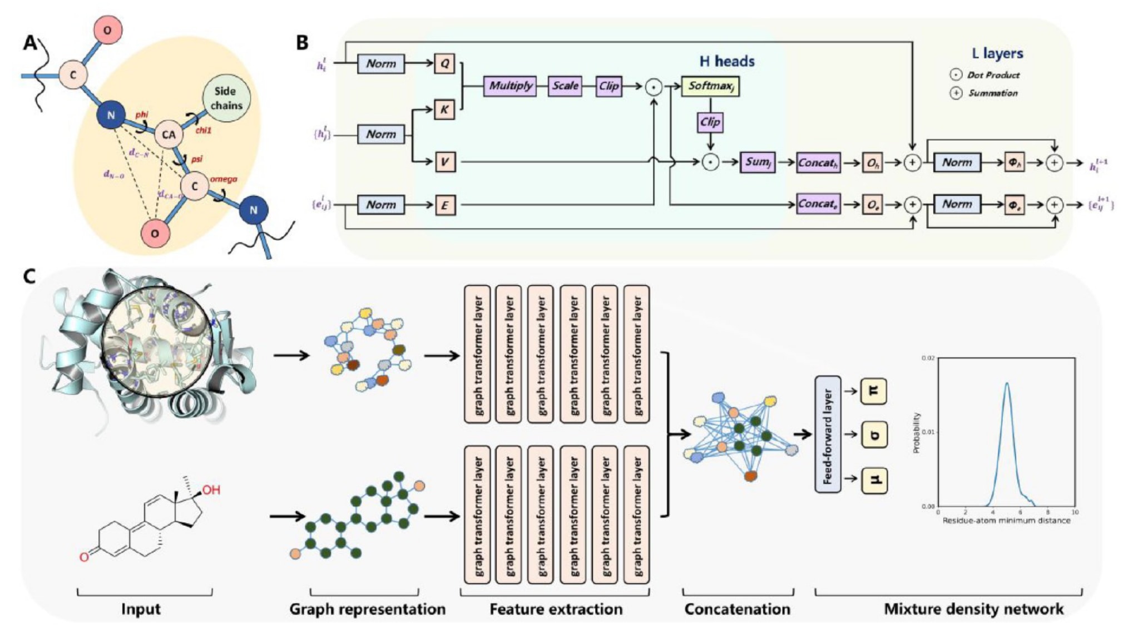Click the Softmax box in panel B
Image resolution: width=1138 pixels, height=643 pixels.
tap(710, 86)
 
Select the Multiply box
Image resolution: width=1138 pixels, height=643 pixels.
tap(510, 86)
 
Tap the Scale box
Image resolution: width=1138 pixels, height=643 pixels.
tap(565, 86)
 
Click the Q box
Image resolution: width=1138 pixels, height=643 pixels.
tap(444, 63)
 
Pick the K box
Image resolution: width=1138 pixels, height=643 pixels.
tap(444, 110)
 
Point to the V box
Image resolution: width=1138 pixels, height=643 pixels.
tap(444, 162)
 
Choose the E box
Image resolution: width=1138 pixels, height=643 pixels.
tap(444, 205)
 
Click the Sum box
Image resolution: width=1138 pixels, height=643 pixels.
tap(757, 162)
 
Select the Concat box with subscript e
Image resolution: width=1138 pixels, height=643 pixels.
tap(818, 204)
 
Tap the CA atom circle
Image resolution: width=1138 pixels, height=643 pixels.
tap(169, 135)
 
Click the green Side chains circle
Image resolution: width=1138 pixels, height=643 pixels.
tap(226, 98)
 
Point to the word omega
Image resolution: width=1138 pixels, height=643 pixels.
tap(224, 179)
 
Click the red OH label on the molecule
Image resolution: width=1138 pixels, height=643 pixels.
tap(211, 490)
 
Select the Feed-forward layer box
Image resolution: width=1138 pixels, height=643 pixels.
tap(828, 434)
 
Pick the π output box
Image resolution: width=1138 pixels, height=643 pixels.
tap(873, 391)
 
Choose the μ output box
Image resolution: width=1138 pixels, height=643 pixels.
tap(873, 480)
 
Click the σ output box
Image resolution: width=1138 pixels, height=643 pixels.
tap(873, 435)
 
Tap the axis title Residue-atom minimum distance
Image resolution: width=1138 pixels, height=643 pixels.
tap(1006, 521)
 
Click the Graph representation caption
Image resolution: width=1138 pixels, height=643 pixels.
tap(367, 609)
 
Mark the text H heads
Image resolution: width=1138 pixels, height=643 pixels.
tap(727, 61)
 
